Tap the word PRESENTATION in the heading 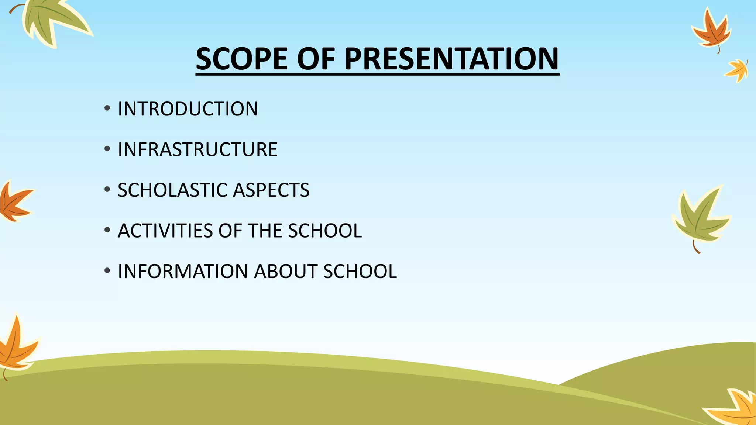(x=451, y=59)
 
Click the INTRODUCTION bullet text (x=188, y=109)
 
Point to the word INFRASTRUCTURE (x=197, y=150)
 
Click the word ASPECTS (x=271, y=190)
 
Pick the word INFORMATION (x=183, y=272)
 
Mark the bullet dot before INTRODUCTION (x=107, y=109)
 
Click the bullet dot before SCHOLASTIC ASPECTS (x=107, y=190)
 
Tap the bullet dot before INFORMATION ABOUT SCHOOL (x=107, y=271)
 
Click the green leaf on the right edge (x=700, y=218)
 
